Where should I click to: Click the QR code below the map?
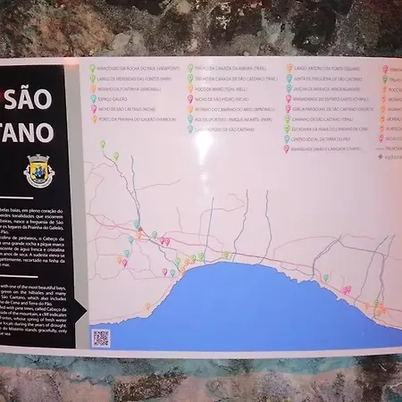(x=100, y=338)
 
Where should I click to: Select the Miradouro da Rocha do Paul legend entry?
(x=133, y=66)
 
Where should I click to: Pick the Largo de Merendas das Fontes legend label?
(x=135, y=79)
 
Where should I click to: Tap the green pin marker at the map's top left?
(x=102, y=143)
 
